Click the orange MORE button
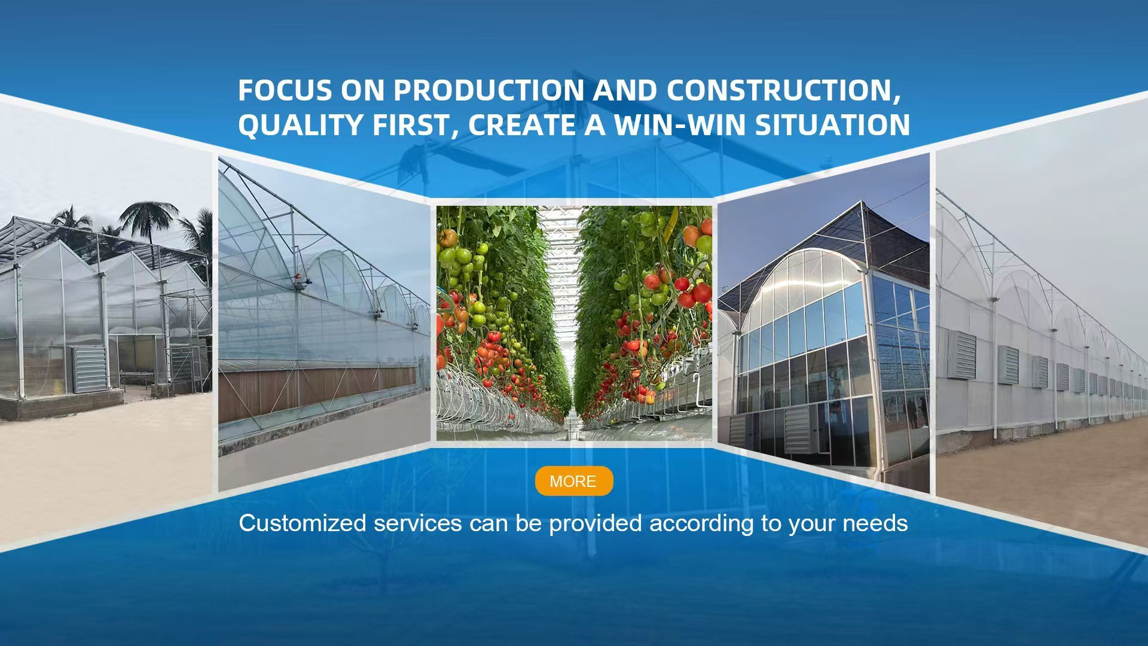tap(574, 481)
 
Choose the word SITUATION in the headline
tap(832, 125)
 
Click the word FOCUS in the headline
tap(285, 90)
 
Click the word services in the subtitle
tap(417, 523)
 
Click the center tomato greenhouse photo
tap(574, 324)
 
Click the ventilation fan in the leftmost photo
tap(90, 368)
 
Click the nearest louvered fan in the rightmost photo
tap(962, 354)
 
